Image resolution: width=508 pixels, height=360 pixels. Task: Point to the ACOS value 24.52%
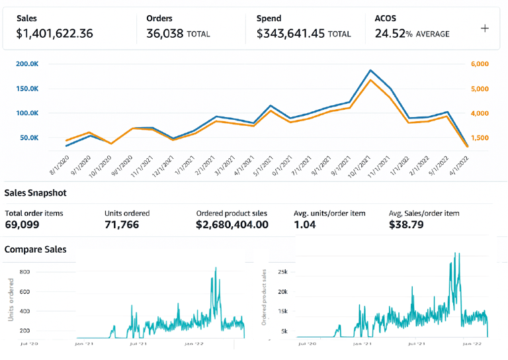[x=393, y=34]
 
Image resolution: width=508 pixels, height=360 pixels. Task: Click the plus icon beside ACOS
[x=485, y=28]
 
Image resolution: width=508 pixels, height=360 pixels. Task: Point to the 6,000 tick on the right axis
[x=480, y=64]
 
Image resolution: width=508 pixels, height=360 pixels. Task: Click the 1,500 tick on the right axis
[x=480, y=138]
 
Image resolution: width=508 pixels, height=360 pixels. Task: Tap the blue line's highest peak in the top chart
[x=370, y=70]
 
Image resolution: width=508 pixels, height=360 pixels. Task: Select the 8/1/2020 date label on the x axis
[x=60, y=162]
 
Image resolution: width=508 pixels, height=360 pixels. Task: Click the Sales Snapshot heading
[x=35, y=193]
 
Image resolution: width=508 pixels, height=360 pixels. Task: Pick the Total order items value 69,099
[x=22, y=225]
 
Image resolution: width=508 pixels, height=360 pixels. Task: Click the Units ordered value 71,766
[x=125, y=225]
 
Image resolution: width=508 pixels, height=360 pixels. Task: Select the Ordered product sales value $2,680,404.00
[x=232, y=225]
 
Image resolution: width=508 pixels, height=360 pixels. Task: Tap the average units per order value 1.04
[x=305, y=225]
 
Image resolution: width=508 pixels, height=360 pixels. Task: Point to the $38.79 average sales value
[x=403, y=225]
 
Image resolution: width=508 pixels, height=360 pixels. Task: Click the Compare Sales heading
[x=35, y=249]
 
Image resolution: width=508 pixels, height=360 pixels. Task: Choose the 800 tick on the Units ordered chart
[x=25, y=272]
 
